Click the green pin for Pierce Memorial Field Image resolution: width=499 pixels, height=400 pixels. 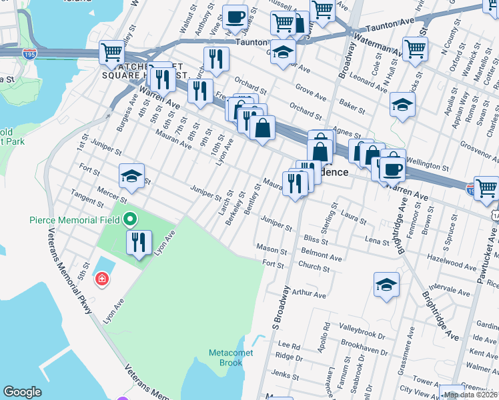pos(131,219)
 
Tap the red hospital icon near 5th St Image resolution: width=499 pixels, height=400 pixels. pos(101,278)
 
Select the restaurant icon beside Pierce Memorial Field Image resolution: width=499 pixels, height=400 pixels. pos(139,243)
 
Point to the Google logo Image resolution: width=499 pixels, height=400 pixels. pos(22,392)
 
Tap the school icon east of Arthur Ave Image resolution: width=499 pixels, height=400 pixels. pos(386,285)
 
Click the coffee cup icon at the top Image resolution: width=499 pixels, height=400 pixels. pos(234,17)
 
